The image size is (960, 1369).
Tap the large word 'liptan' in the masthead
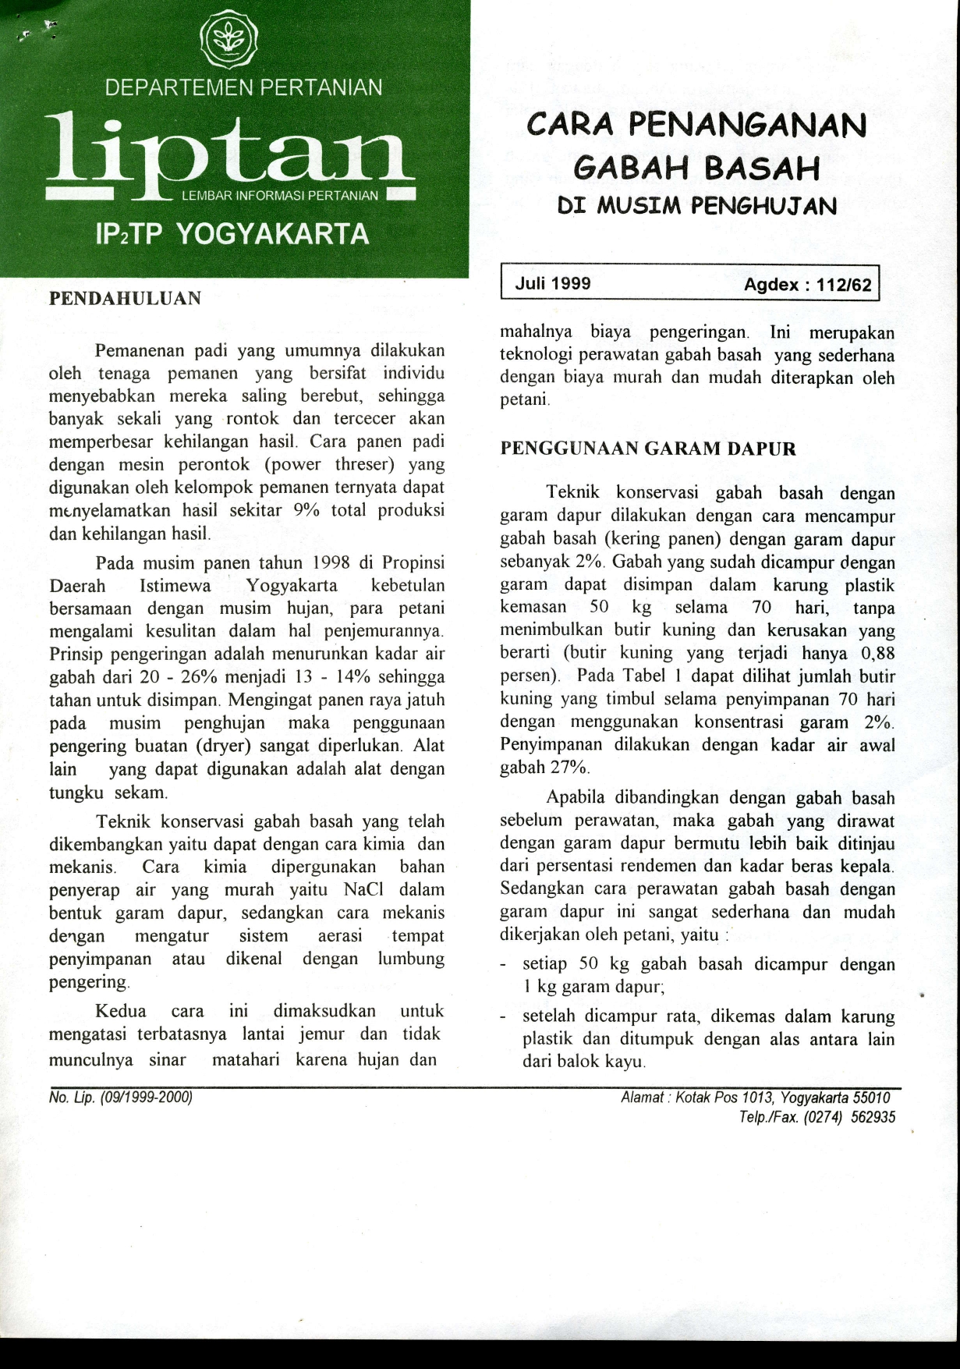pyautogui.click(x=228, y=152)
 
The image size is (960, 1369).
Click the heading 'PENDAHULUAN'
pyautogui.click(x=125, y=298)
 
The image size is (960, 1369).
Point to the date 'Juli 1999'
pyautogui.click(x=553, y=283)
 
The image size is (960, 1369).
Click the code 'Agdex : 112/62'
pyautogui.click(x=807, y=285)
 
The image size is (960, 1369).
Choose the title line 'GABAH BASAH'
pyautogui.click(x=696, y=167)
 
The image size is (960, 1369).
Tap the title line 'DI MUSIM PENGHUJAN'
pyautogui.click(x=697, y=206)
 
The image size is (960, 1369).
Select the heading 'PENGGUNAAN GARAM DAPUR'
pyautogui.click(x=647, y=449)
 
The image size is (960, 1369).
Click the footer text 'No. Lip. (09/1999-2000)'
pyautogui.click(x=120, y=1098)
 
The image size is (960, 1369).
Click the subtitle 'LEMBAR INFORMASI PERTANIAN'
pyautogui.click(x=279, y=195)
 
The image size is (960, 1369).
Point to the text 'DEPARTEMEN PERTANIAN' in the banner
pyautogui.click(x=243, y=87)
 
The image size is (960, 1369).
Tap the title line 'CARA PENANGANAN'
pyautogui.click(x=696, y=126)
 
